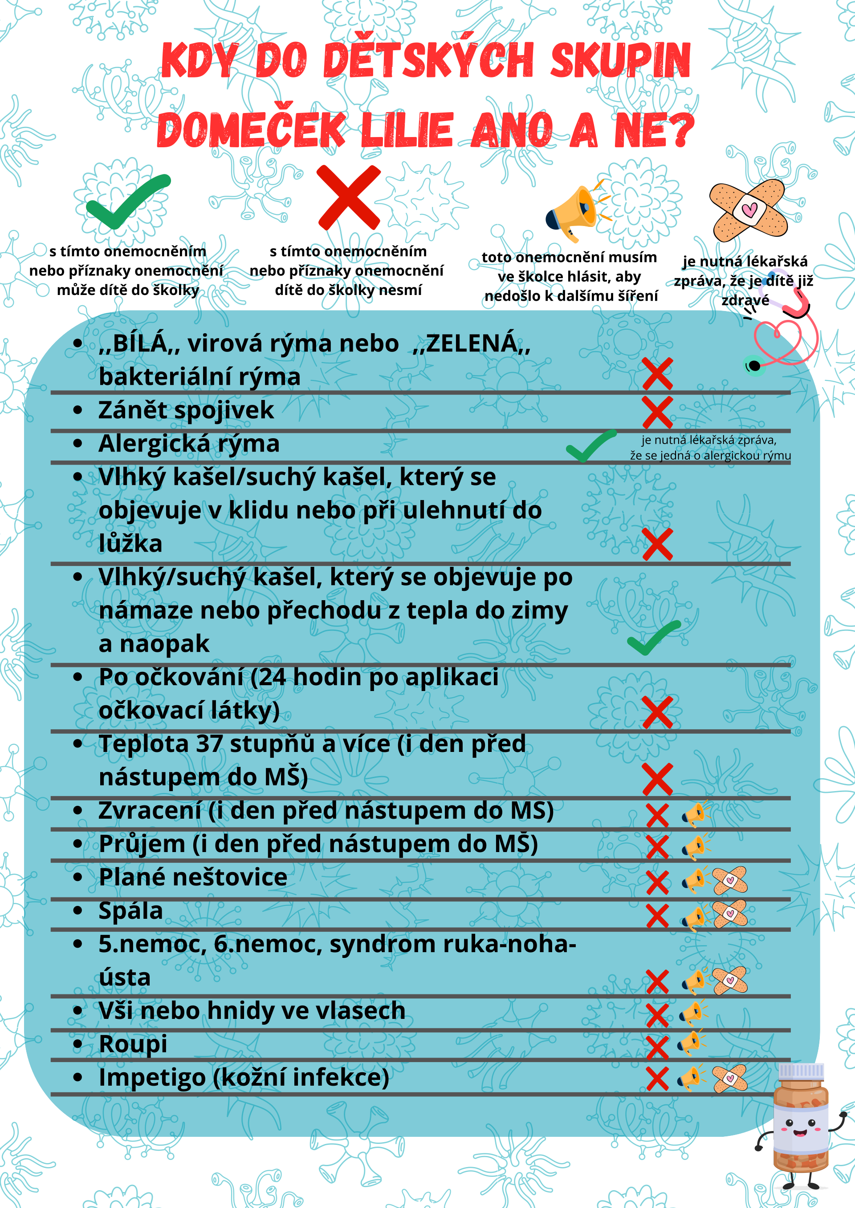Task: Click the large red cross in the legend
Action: [349, 197]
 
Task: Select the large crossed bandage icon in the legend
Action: [748, 210]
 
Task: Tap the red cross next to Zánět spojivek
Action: [657, 412]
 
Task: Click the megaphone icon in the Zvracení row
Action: [695, 814]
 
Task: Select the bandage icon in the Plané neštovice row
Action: [730, 880]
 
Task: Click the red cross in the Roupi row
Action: [657, 1047]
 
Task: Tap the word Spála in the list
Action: [130, 911]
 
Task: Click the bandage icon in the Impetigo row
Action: [730, 1078]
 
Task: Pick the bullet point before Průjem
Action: [78, 844]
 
